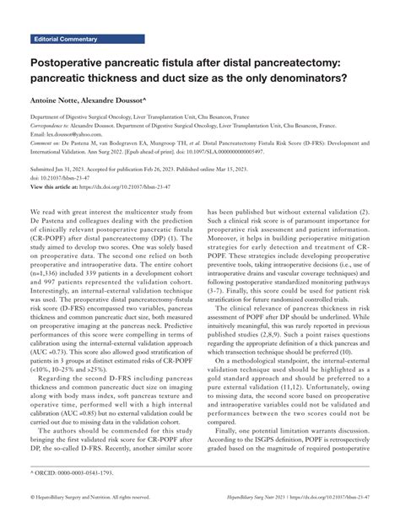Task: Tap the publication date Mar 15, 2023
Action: [x=292, y=169]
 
